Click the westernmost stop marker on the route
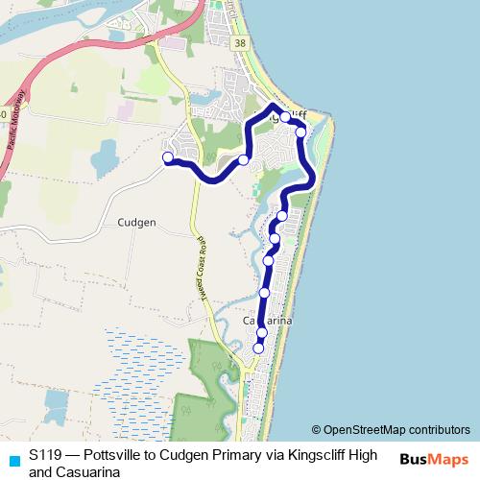(x=168, y=157)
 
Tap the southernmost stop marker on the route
(x=257, y=348)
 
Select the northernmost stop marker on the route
(x=285, y=116)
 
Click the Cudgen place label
(x=136, y=221)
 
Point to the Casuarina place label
(x=266, y=320)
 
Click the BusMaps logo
(x=433, y=459)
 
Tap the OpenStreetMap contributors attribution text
(x=396, y=430)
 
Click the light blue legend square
(x=12, y=459)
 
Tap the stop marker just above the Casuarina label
(x=264, y=293)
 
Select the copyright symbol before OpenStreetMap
(x=316, y=430)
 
